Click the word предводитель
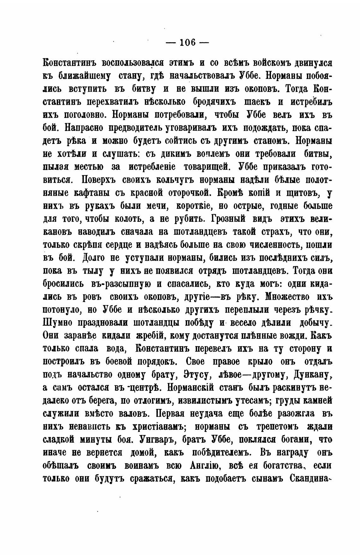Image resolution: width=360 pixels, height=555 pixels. [x=135, y=128]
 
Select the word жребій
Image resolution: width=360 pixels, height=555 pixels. [x=150, y=336]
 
